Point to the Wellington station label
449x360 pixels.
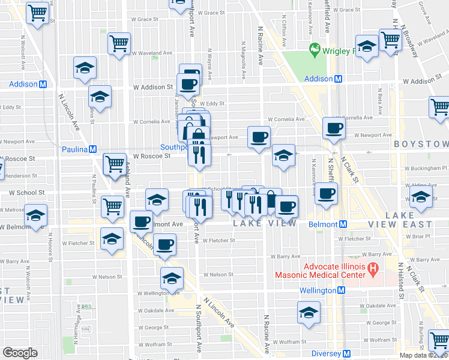tap(321, 290)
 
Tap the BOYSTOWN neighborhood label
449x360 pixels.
tap(420, 145)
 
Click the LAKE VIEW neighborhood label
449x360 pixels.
tap(265, 223)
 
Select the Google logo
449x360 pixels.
tap(20, 353)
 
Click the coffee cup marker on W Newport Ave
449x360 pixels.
tap(259, 137)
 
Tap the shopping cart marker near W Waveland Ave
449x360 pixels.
tap(119, 43)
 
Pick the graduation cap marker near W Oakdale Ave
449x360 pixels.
tap(309, 313)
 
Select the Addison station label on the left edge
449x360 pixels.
tap(23, 84)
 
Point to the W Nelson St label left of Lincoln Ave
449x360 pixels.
tap(108, 277)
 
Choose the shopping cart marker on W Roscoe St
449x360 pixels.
tap(115, 164)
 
